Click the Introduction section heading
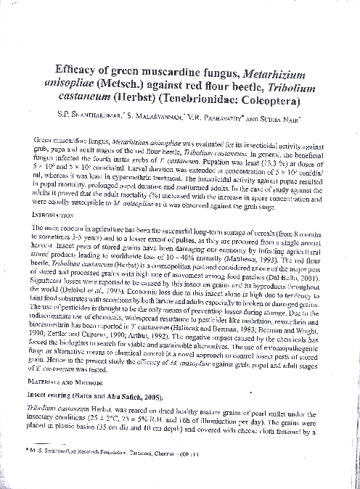click(55, 216)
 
